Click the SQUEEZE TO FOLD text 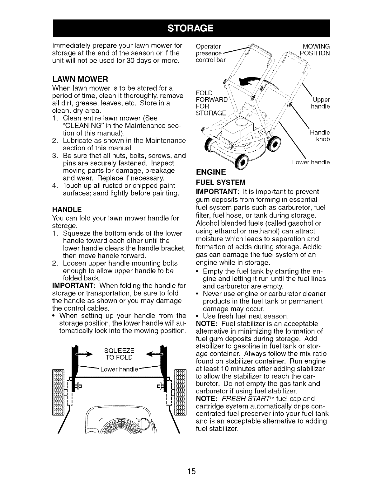tap(119, 354)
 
